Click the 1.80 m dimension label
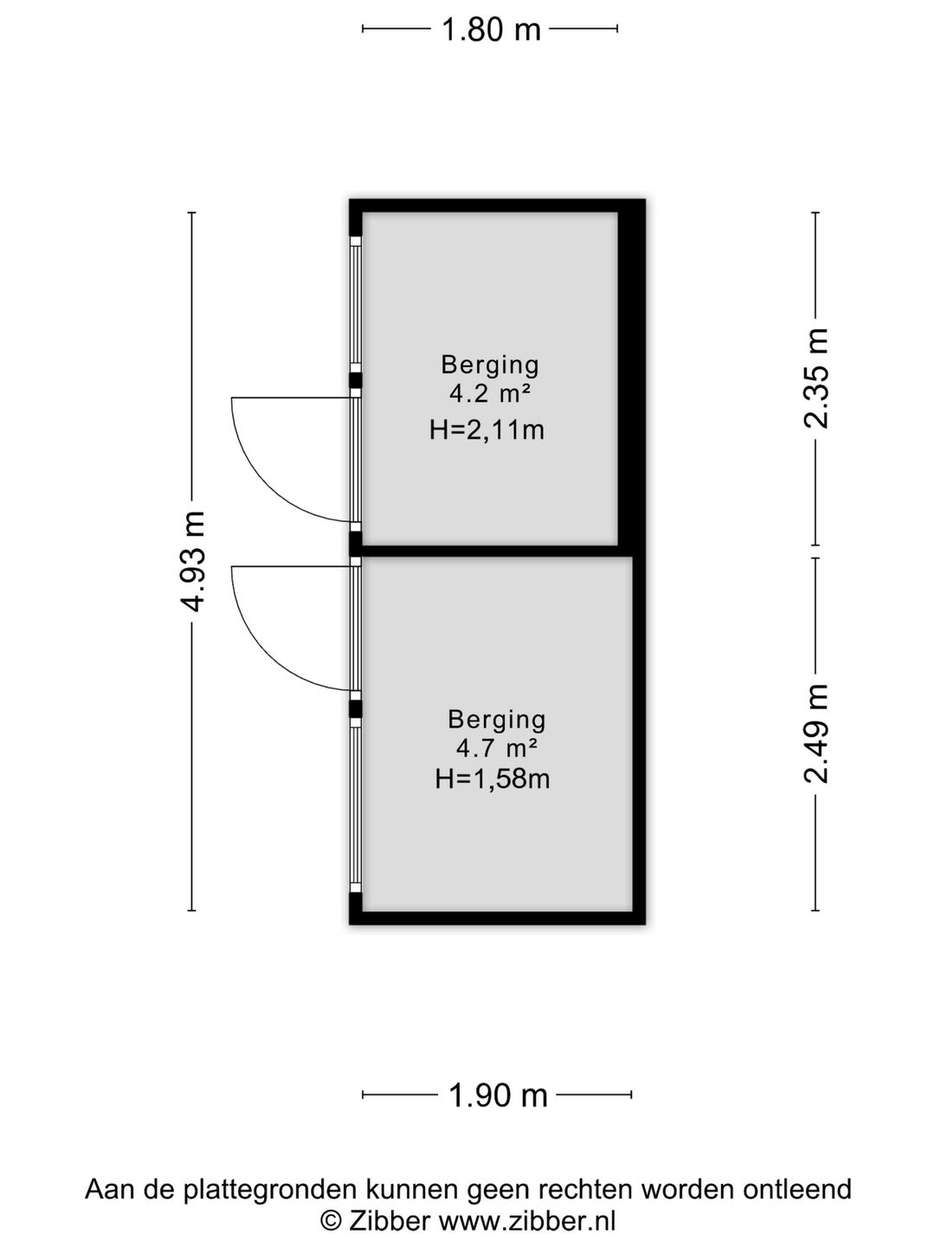[x=491, y=29]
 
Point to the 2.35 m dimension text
[x=816, y=378]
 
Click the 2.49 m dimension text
[x=816, y=733]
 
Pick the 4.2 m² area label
[x=489, y=393]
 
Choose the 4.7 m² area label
[x=496, y=748]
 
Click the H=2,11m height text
[x=487, y=430]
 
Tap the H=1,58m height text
[x=493, y=779]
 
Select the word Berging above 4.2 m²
[x=489, y=365]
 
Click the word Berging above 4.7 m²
[x=496, y=720]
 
